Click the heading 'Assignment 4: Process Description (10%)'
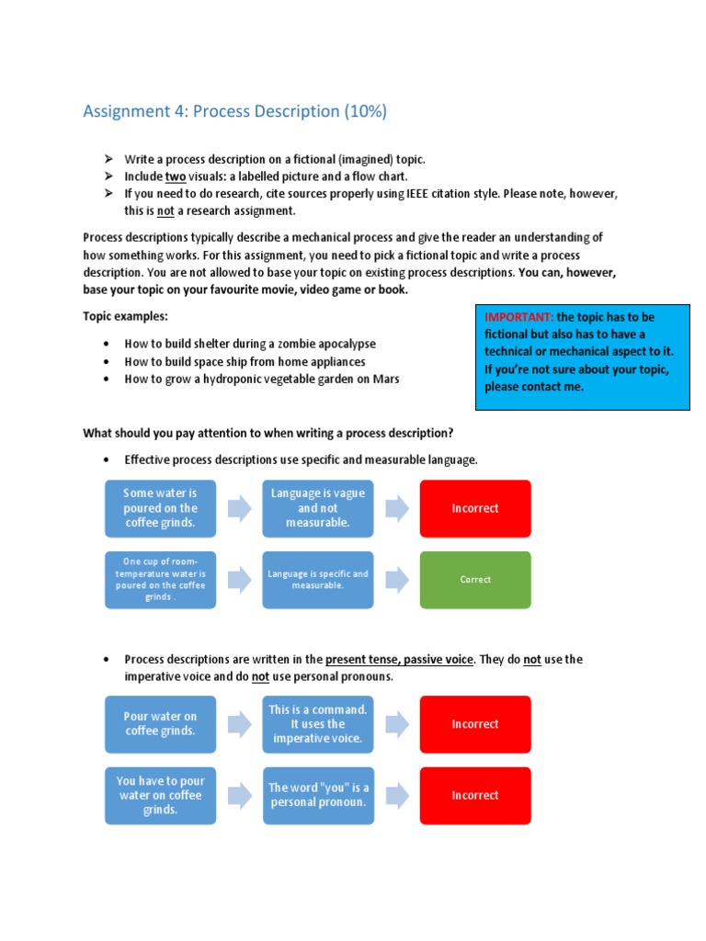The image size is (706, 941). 234,112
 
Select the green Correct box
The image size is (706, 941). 475,580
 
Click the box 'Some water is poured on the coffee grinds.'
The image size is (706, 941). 161,508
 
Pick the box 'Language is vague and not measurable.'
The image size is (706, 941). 318,508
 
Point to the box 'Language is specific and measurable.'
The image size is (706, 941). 318,580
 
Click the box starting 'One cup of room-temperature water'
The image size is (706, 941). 161,580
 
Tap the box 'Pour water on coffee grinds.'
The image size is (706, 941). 161,724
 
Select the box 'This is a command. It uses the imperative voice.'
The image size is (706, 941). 318,724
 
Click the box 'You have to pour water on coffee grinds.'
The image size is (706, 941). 161,796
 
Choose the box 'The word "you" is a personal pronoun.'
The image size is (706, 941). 318,796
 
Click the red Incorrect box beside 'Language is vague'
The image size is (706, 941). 475,508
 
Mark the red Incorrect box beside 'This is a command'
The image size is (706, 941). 475,724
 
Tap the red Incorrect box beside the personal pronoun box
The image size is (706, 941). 475,796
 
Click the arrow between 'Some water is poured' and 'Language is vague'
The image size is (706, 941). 239,508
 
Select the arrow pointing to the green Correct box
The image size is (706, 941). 397,580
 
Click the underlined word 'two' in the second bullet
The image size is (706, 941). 176,176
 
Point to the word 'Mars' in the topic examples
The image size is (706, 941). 386,379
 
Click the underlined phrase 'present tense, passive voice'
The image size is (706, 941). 399,660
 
